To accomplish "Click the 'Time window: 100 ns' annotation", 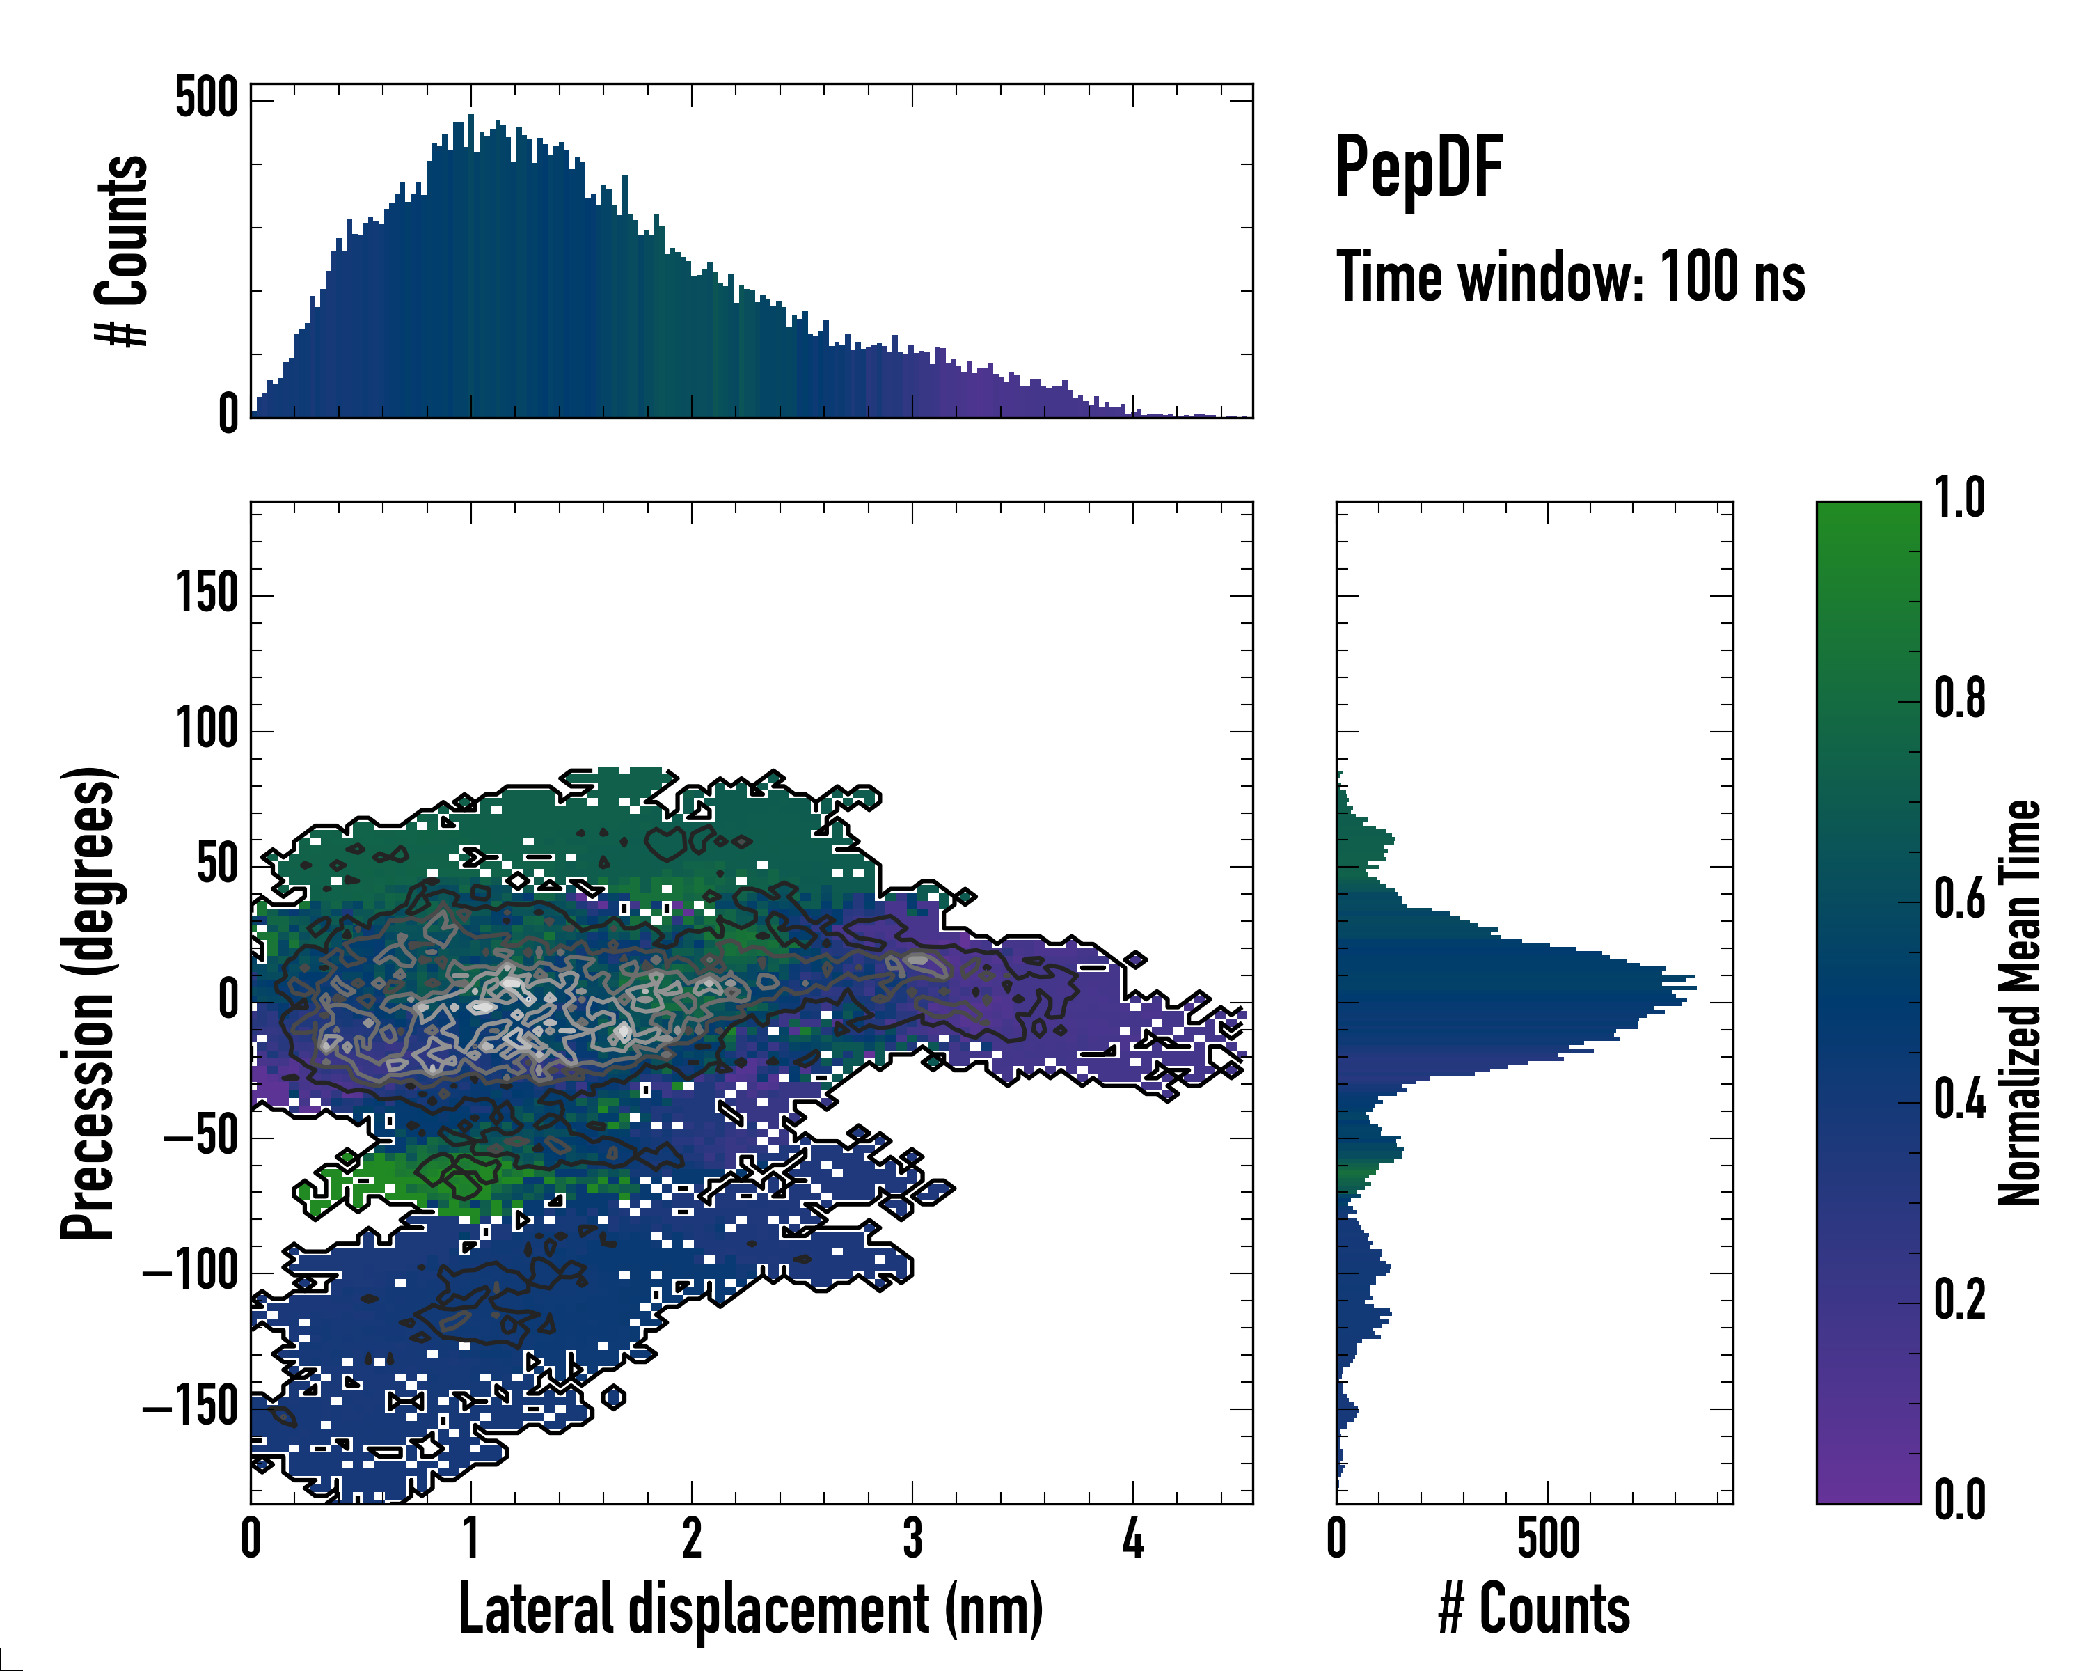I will pyautogui.click(x=1570, y=277).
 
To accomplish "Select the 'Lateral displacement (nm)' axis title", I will pyautogui.click(x=750, y=1610).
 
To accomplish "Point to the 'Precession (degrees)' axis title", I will pyautogui.click(x=89, y=1003).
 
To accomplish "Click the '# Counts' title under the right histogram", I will pyautogui.click(x=1534, y=1610).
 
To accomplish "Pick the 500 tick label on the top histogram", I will pyautogui.click(x=206, y=98).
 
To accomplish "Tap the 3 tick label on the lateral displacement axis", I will pyautogui.click(x=912, y=1538).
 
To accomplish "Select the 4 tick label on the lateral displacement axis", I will pyautogui.click(x=1133, y=1538).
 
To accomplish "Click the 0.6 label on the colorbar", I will pyautogui.click(x=1959, y=899).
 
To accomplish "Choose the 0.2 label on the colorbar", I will pyautogui.click(x=1959, y=1300).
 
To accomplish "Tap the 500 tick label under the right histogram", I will pyautogui.click(x=1548, y=1538).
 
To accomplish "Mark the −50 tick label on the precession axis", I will pyautogui.click(x=200, y=1136).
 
